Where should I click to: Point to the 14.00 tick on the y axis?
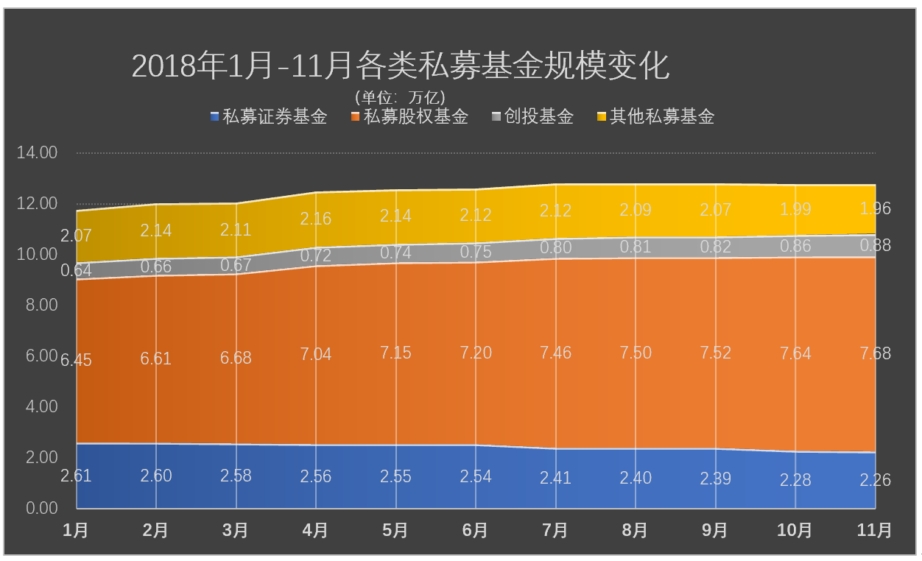pyautogui.click(x=37, y=153)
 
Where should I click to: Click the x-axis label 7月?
pyautogui.click(x=555, y=530)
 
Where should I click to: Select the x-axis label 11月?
pyautogui.click(x=874, y=530)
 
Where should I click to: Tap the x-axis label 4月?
pyautogui.click(x=316, y=530)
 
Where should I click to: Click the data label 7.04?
pyautogui.click(x=316, y=355)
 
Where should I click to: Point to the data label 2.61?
pyautogui.click(x=76, y=476)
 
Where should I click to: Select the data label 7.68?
pyautogui.click(x=875, y=354)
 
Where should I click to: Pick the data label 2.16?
pyautogui.click(x=316, y=219)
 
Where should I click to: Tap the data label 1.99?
pyautogui.click(x=795, y=209)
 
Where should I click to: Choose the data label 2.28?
pyautogui.click(x=795, y=480)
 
